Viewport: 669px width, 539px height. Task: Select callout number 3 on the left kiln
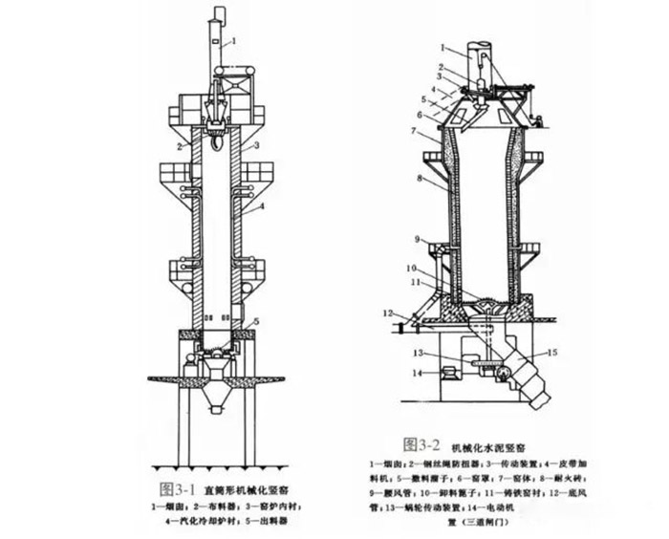point(257,145)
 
